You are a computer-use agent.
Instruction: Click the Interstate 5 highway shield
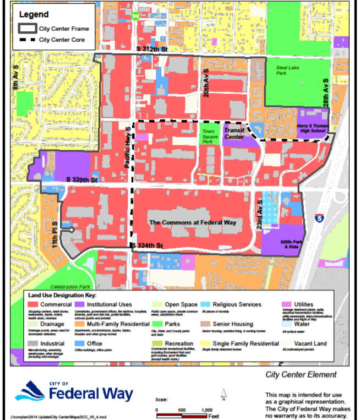(x=320, y=218)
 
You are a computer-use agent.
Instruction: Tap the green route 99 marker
(x=135, y=16)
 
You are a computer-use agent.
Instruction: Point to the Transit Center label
(x=234, y=134)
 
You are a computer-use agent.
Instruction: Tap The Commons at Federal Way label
(x=193, y=222)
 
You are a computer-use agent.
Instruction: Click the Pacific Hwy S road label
(x=127, y=149)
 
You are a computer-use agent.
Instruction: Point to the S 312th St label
(x=152, y=49)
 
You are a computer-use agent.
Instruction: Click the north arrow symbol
(x=223, y=394)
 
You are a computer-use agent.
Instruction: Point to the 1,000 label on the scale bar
(x=207, y=410)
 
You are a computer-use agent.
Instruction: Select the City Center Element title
(x=301, y=375)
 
